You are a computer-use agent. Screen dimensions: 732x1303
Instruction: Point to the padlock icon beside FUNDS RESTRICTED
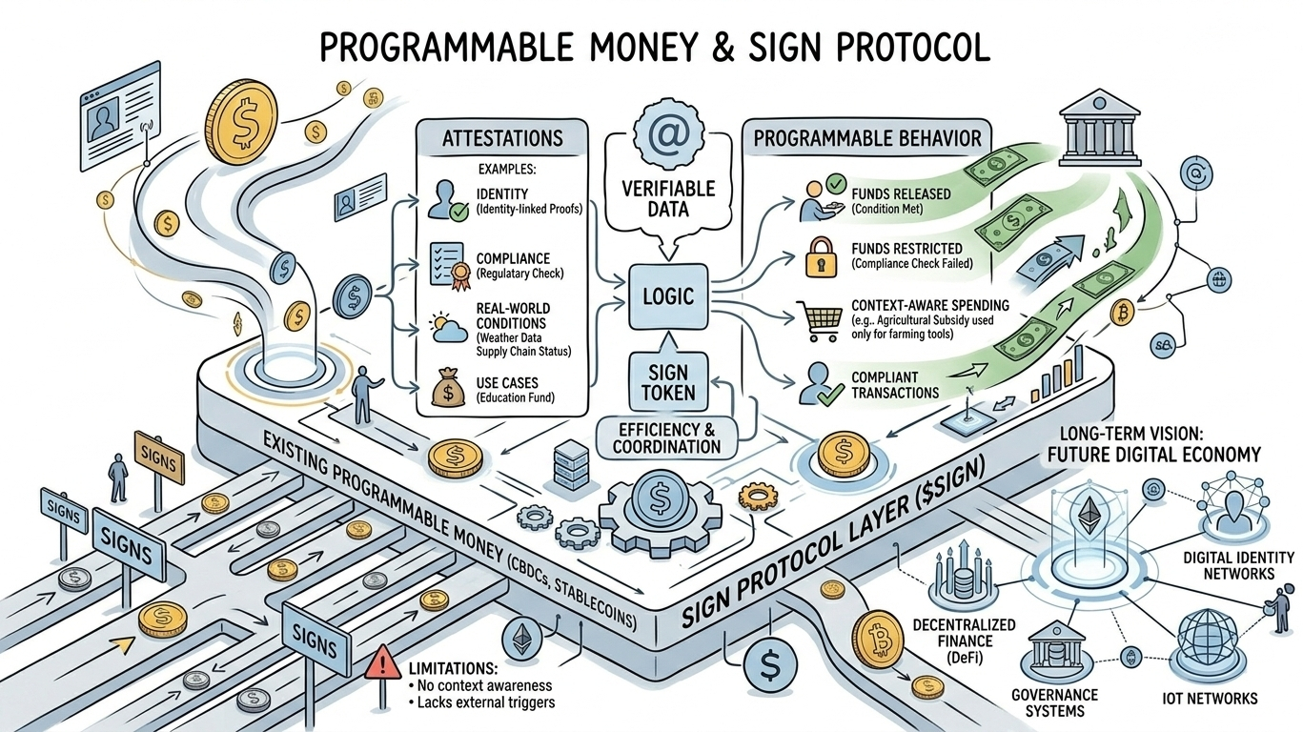(x=819, y=256)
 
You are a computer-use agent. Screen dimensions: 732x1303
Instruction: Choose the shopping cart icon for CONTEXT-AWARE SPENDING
(x=819, y=319)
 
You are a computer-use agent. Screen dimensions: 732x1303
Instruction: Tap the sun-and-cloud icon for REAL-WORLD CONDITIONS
(x=445, y=324)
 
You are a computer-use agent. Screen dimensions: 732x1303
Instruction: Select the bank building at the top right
(x=1100, y=124)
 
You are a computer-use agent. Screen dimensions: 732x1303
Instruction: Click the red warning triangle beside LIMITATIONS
(x=380, y=661)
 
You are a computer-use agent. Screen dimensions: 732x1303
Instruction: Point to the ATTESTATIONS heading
(x=502, y=138)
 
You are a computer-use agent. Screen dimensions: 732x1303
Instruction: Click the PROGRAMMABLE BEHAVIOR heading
(x=867, y=138)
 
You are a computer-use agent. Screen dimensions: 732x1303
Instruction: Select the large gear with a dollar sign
(x=657, y=500)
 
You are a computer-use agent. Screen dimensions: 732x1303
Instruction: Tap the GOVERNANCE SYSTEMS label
(x=1055, y=702)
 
